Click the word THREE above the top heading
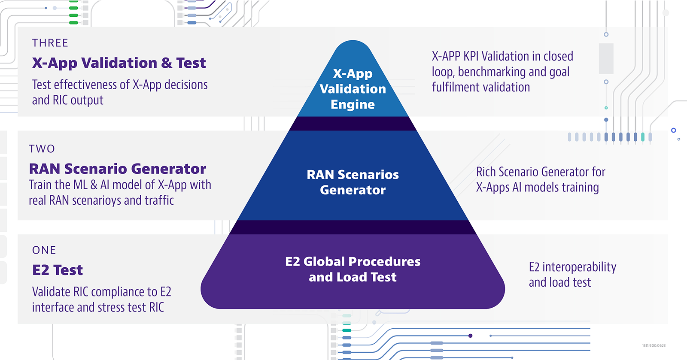(50, 43)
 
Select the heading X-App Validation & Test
(119, 63)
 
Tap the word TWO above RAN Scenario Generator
(42, 149)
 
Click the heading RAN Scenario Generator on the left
(117, 169)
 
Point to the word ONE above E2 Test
(44, 250)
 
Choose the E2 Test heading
(58, 270)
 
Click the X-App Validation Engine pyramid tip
(353, 89)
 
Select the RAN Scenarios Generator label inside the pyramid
(353, 182)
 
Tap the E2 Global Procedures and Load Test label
(353, 269)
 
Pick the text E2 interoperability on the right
(572, 267)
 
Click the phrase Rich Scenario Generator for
(541, 172)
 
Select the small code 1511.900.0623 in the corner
(654, 345)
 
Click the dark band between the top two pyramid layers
(353, 124)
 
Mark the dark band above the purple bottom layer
(353, 227)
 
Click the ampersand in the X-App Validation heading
(166, 63)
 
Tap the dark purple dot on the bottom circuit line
(471, 336)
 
